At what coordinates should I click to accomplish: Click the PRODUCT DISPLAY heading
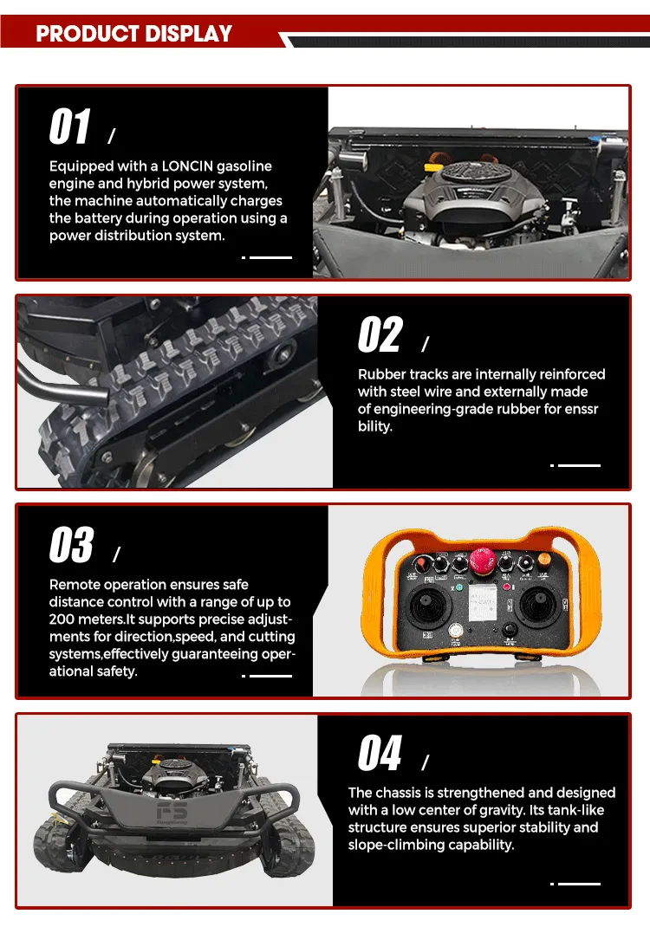pos(133,34)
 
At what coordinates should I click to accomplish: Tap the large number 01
pos(70,126)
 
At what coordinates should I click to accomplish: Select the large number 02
pos(380,334)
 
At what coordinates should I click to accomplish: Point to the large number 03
pos(72,544)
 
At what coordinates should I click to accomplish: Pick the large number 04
pos(380,753)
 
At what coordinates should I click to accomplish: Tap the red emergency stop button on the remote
pos(482,560)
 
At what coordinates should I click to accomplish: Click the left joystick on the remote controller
pos(427,606)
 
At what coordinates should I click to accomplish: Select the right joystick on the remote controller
pos(536,606)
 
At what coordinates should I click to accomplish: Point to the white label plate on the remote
pos(482,603)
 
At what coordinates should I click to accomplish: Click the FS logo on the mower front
pos(172,811)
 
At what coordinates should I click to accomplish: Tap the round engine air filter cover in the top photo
pos(471,172)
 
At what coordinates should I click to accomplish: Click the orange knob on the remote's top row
pos(543,560)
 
